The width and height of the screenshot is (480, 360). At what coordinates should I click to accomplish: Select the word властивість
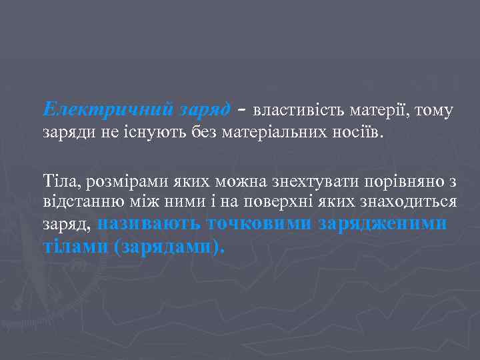pyautogui.click(x=296, y=110)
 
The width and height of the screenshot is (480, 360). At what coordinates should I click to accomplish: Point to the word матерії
pyautogui.click(x=375, y=110)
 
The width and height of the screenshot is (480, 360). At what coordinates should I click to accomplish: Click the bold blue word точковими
pyautogui.click(x=260, y=223)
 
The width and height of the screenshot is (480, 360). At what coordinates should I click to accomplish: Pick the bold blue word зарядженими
pyautogui.click(x=383, y=224)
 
